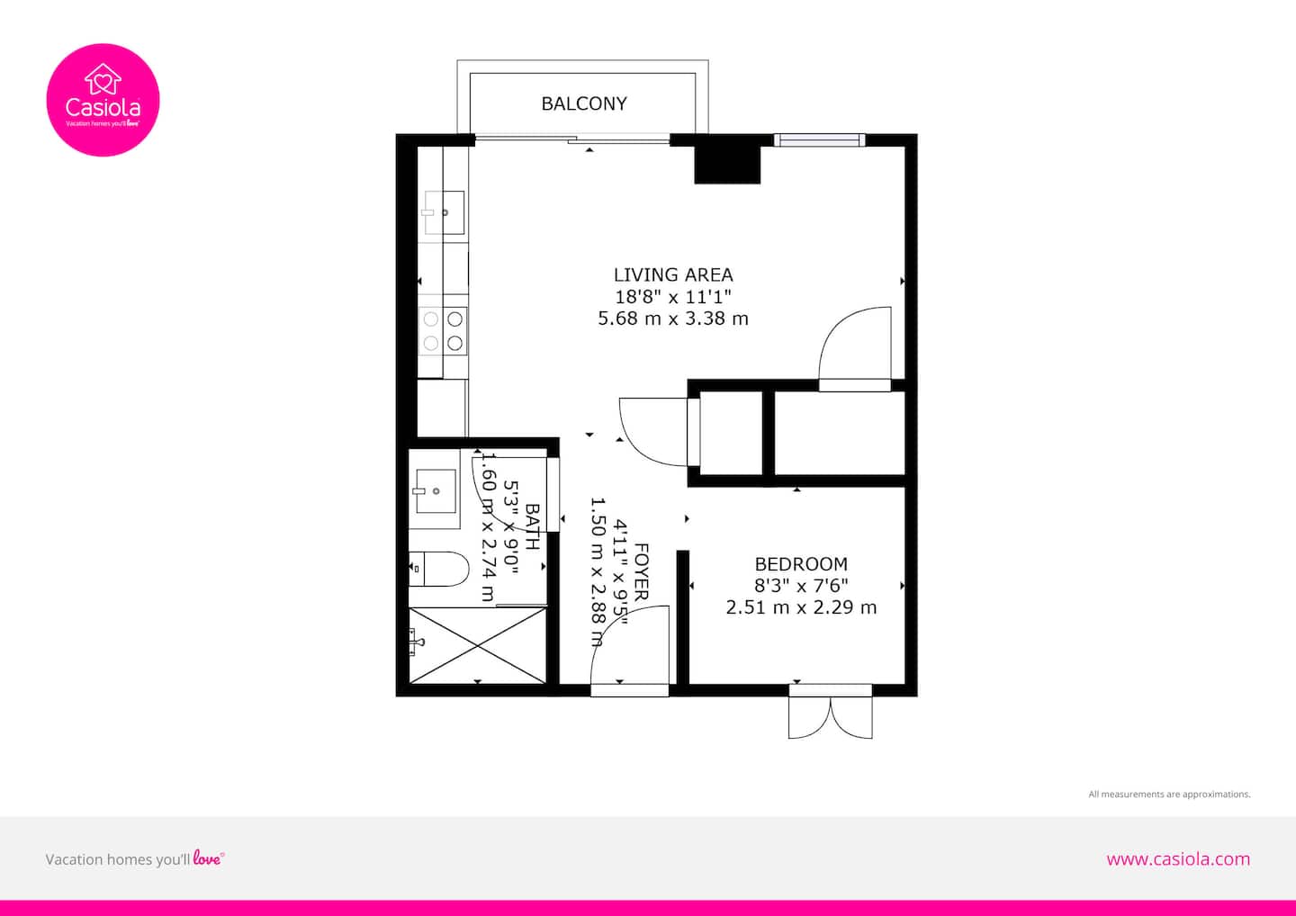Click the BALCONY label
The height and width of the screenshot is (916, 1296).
click(x=584, y=103)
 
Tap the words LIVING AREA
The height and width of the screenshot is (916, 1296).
click(x=673, y=274)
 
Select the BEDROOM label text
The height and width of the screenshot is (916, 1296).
click(x=801, y=564)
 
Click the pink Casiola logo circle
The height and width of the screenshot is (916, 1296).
click(x=103, y=100)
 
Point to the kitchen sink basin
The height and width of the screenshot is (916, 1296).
click(x=445, y=212)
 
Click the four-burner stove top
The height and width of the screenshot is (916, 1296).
click(x=443, y=331)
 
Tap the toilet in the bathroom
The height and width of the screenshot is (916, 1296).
click(x=438, y=569)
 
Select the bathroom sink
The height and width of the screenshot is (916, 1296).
click(x=436, y=491)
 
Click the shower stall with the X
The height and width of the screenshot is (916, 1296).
click(x=477, y=645)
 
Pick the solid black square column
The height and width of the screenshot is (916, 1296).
click(x=727, y=165)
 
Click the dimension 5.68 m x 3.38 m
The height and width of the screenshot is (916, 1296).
click(x=673, y=318)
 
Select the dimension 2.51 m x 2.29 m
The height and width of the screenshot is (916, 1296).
click(x=801, y=607)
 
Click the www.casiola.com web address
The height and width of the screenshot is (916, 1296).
click(x=1178, y=859)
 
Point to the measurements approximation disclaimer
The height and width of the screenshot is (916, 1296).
click(x=1169, y=794)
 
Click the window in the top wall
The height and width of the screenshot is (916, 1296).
click(x=820, y=140)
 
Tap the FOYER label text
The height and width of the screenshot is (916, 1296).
click(x=642, y=572)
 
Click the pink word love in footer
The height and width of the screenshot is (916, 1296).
click(x=207, y=858)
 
